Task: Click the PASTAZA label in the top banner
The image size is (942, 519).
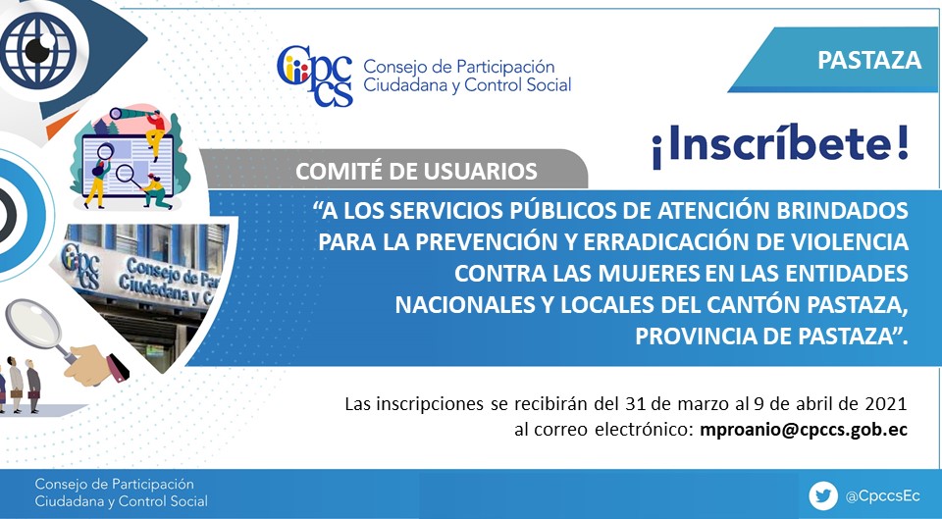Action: (x=868, y=60)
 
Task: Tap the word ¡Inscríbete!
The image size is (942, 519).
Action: (x=780, y=145)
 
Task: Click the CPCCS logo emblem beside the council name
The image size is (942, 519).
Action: (x=315, y=76)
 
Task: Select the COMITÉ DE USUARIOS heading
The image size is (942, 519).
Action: (x=416, y=171)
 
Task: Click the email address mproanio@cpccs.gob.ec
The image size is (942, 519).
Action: (x=804, y=430)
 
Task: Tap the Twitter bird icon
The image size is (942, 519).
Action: (x=823, y=496)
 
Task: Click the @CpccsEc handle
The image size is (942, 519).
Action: (x=882, y=496)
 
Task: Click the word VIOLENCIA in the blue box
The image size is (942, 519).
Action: (x=849, y=241)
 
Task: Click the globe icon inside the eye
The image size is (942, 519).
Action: (x=38, y=50)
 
